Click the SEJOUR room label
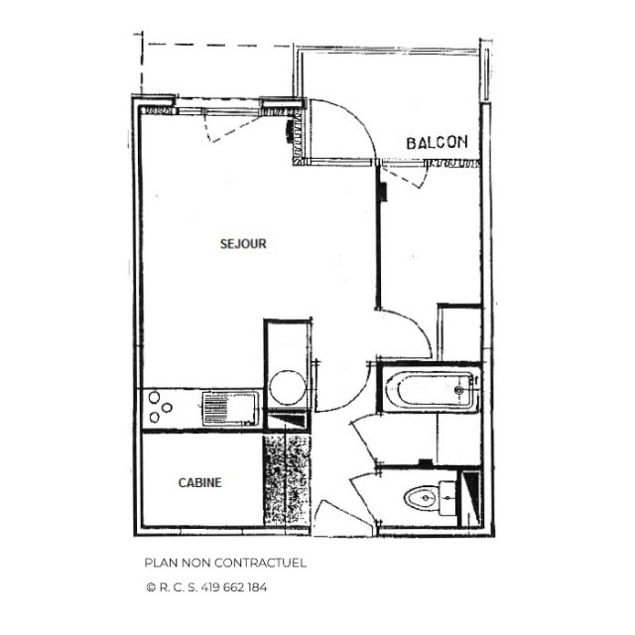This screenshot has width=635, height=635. tap(243, 243)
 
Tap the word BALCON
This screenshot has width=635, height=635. tap(437, 143)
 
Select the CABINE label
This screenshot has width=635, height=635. tap(199, 483)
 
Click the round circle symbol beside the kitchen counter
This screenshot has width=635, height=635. tap(289, 386)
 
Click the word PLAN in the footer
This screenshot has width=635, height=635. tap(160, 563)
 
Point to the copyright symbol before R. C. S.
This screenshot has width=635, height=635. tap(150, 587)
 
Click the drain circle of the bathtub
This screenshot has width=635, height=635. tap(459, 391)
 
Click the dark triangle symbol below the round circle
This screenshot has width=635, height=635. tap(288, 423)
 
